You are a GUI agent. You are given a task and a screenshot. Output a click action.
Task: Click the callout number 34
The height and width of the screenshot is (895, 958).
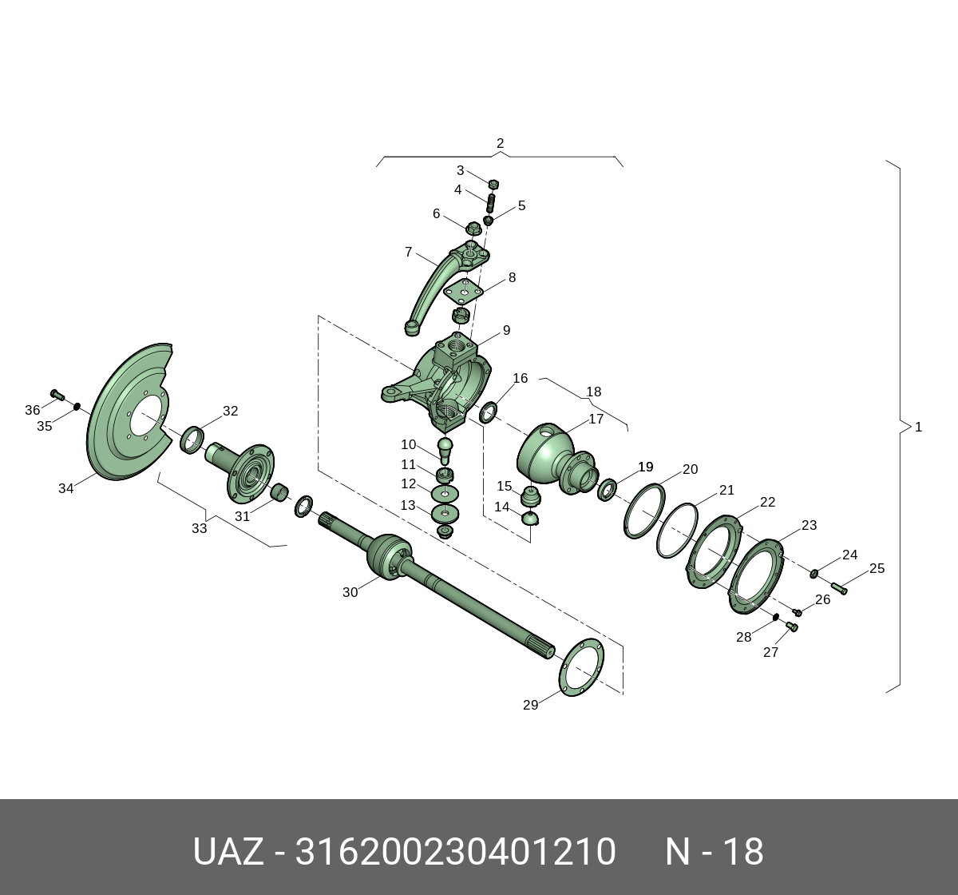click(65, 488)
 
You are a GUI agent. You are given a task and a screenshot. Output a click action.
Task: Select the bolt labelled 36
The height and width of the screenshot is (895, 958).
click(57, 395)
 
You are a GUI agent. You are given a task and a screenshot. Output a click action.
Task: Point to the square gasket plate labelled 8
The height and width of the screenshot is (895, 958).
click(464, 292)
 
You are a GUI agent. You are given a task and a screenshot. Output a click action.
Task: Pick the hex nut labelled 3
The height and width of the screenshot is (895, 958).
click(493, 184)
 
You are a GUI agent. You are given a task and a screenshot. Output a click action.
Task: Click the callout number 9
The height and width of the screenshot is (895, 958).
click(506, 330)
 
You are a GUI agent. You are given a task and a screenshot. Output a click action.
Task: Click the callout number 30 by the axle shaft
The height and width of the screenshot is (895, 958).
click(350, 592)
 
